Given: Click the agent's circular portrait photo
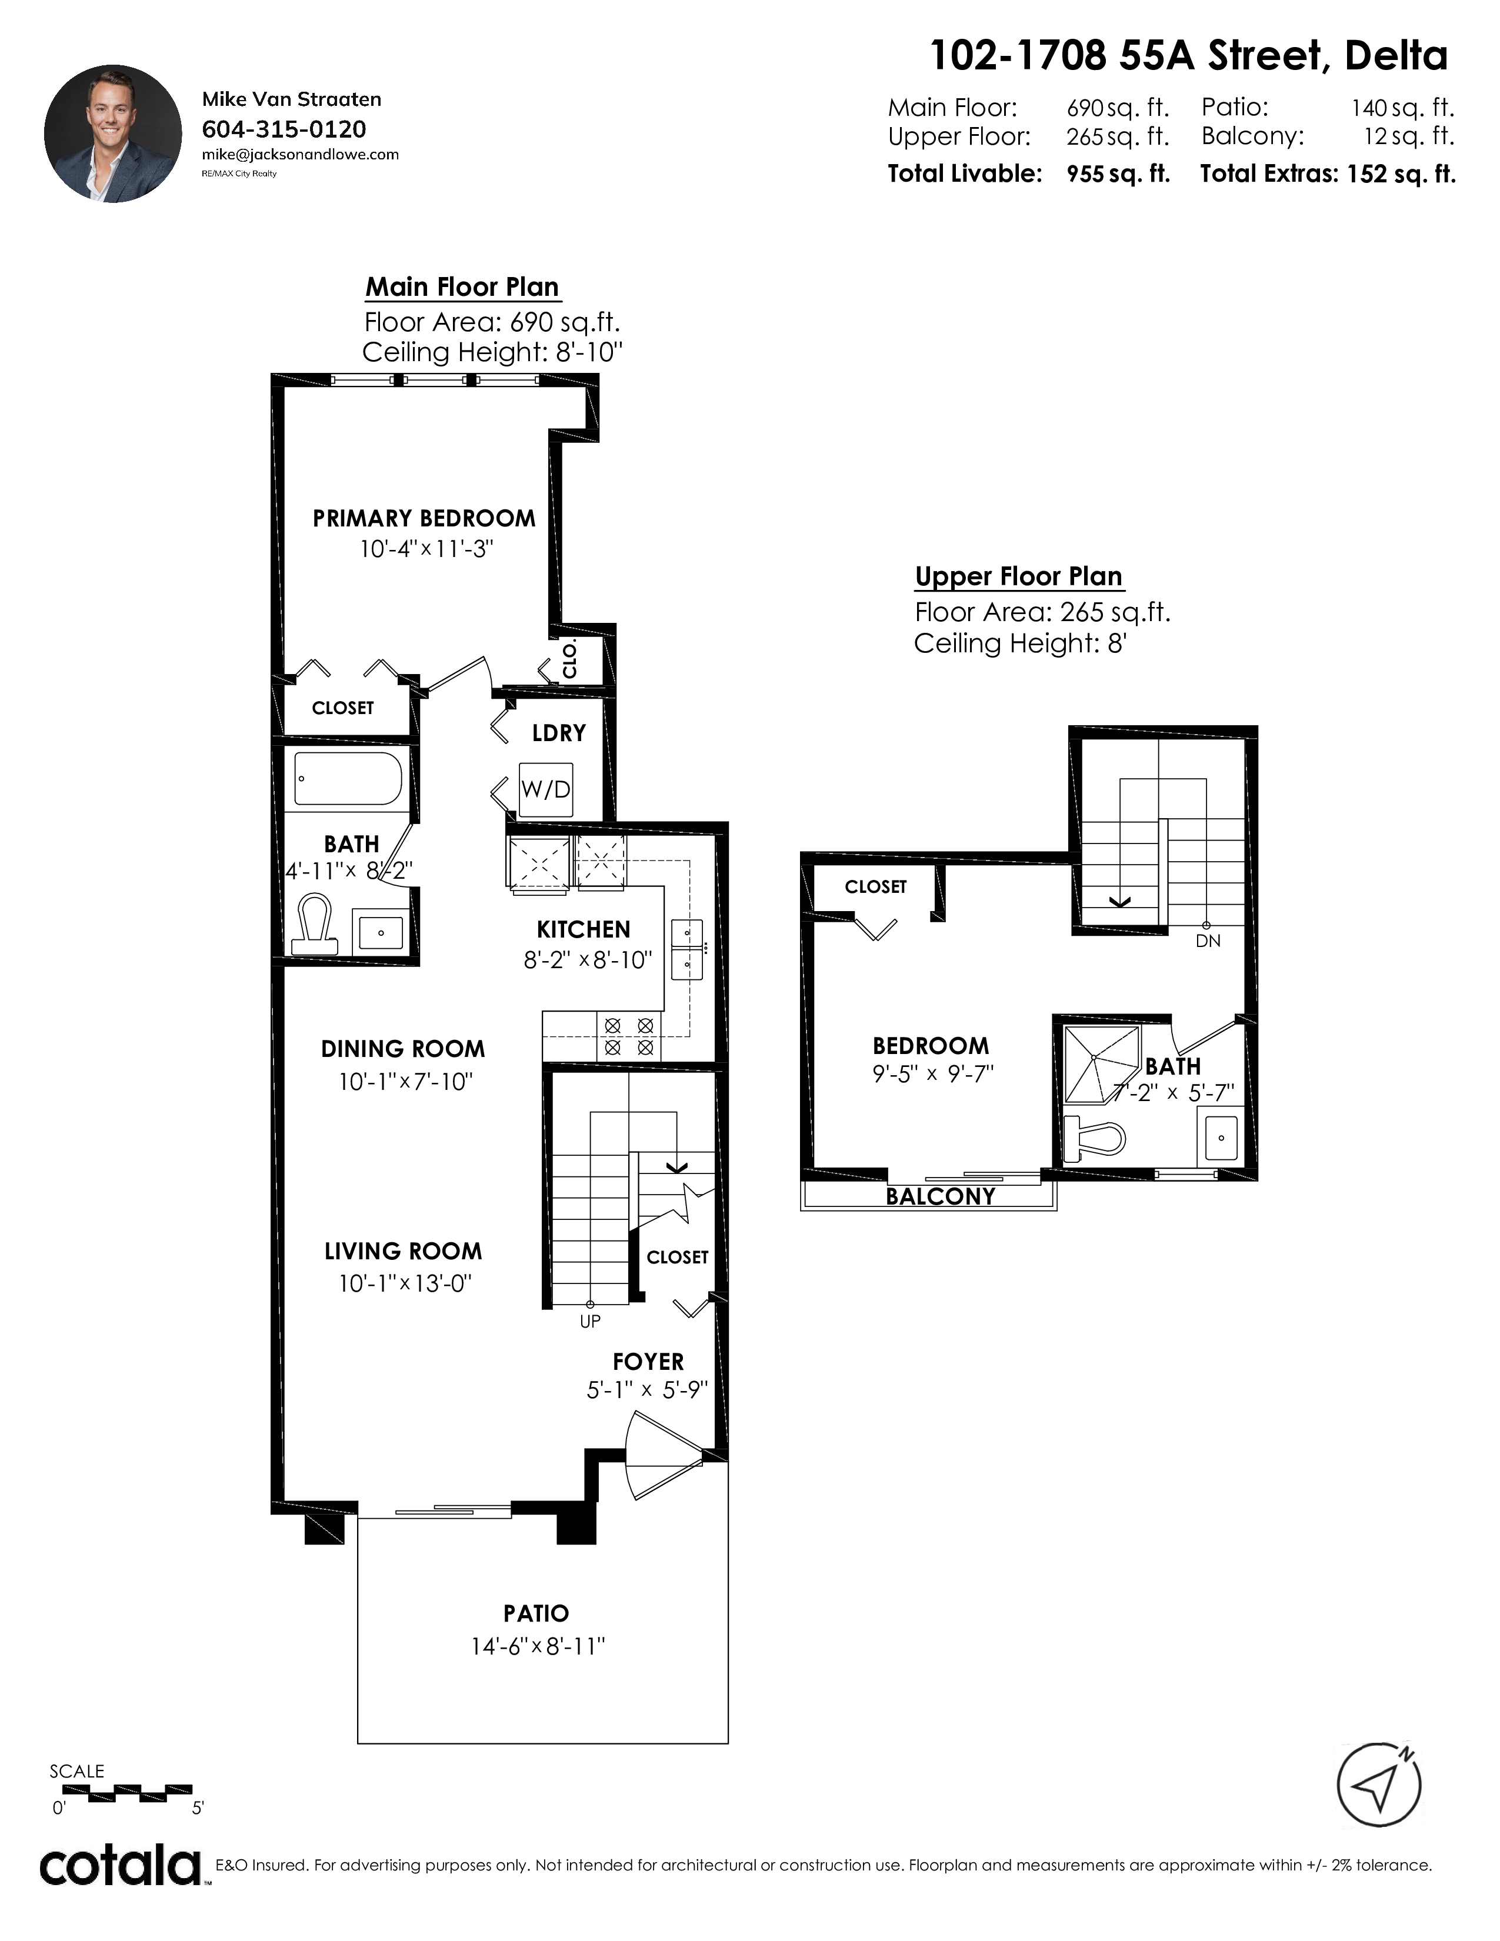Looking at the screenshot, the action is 113,134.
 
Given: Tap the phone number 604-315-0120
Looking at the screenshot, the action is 284,130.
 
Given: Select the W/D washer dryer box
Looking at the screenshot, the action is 546,790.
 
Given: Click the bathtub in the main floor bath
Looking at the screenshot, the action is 348,779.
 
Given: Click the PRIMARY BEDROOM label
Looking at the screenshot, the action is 424,518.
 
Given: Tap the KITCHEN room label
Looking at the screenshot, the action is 584,929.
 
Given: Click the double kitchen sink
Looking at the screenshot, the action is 688,949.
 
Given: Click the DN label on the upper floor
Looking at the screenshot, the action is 1208,941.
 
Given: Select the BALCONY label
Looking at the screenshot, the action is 940,1196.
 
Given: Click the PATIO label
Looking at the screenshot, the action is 536,1613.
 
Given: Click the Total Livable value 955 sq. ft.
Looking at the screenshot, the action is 1118,174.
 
